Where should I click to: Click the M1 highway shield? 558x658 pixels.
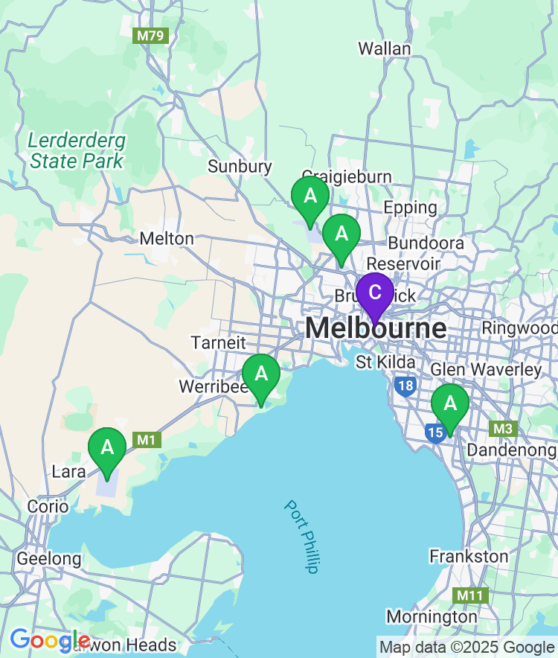click(147, 441)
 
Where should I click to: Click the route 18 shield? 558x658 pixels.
click(405, 386)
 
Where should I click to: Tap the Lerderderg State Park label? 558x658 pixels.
click(77, 150)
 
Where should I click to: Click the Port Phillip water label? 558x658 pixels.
click(301, 536)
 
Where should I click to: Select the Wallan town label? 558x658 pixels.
click(384, 49)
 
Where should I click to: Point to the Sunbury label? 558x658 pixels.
click(240, 167)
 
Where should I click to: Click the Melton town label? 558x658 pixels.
click(167, 239)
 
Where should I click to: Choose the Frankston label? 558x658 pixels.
click(469, 557)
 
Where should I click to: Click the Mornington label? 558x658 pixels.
click(432, 617)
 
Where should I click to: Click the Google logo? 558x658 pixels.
click(49, 640)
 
